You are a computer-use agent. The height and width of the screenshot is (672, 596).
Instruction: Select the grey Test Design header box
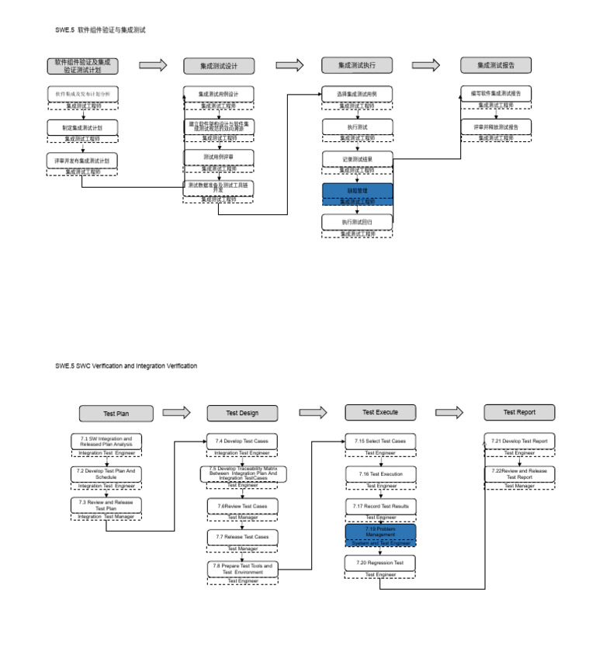(x=242, y=412)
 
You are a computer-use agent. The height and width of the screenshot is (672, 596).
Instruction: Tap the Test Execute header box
(x=380, y=411)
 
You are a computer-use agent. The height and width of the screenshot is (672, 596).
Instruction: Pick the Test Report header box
(x=519, y=411)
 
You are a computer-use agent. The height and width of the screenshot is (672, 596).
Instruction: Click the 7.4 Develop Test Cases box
(x=242, y=441)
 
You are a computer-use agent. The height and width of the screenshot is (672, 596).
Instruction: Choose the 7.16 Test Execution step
(x=380, y=473)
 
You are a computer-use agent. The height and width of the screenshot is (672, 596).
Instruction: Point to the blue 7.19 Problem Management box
(x=380, y=532)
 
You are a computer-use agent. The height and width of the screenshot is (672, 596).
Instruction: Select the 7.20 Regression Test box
(x=380, y=562)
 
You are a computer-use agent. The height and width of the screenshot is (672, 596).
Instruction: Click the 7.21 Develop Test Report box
(x=519, y=441)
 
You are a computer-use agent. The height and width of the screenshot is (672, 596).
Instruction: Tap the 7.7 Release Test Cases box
(x=242, y=536)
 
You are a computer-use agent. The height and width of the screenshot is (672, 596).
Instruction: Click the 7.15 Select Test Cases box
(x=380, y=441)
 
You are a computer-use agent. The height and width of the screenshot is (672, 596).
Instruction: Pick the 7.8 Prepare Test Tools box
(x=242, y=569)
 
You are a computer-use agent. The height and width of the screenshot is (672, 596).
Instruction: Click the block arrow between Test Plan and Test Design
(x=177, y=412)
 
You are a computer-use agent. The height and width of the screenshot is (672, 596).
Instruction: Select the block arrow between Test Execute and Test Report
(x=450, y=412)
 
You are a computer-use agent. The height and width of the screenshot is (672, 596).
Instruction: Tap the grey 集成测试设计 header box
(x=220, y=66)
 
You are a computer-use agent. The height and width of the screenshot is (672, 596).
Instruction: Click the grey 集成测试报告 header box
(x=497, y=65)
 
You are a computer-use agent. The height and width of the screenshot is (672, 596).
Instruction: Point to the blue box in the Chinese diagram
(x=358, y=189)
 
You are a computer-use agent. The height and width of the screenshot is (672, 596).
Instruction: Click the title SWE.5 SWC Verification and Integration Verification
(x=126, y=365)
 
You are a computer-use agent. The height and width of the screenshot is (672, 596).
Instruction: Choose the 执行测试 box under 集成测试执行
(x=358, y=126)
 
